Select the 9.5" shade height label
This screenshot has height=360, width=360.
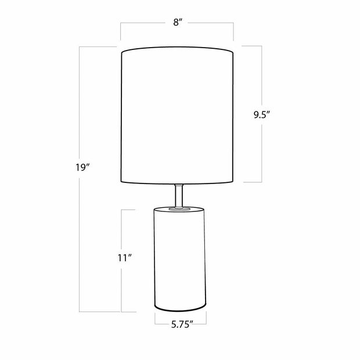(x=262, y=114)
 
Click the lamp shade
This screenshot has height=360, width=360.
(x=178, y=116)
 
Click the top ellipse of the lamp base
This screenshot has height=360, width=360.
(x=180, y=208)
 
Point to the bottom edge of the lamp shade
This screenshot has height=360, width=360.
(x=178, y=182)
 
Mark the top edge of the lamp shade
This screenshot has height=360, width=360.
(x=178, y=51)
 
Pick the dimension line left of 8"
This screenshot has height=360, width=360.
(x=145, y=23)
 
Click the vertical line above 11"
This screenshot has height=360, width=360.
(x=121, y=229)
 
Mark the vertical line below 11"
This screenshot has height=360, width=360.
(x=121, y=290)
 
